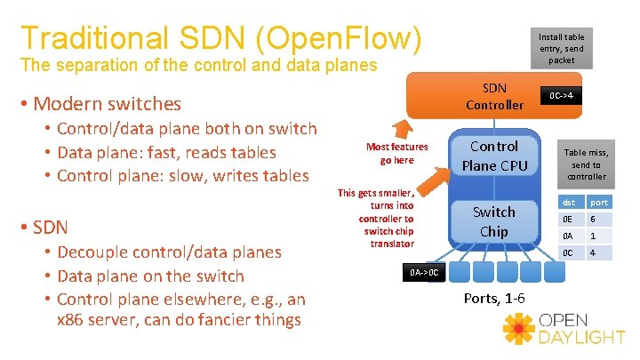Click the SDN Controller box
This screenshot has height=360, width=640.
[x=494, y=96]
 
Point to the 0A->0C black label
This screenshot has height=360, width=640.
[x=424, y=271]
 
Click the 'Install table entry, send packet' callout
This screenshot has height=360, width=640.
[x=561, y=48]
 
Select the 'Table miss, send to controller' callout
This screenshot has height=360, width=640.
[x=586, y=164]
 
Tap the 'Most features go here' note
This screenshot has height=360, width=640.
[x=396, y=153]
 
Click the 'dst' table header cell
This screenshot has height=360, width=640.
[x=569, y=203]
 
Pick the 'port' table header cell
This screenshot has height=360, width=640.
[x=600, y=203]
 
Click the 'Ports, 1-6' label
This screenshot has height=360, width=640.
[x=493, y=298]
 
